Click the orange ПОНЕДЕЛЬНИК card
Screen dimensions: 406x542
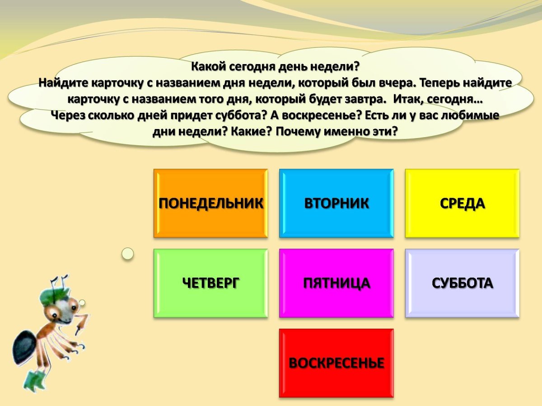click(210, 203)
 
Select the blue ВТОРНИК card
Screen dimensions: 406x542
click(336, 203)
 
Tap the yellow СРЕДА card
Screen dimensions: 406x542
click(462, 203)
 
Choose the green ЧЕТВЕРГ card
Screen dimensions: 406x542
click(210, 283)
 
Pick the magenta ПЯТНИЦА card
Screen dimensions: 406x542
click(336, 283)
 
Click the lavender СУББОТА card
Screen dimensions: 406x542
click(462, 283)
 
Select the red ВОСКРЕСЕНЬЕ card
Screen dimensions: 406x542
click(336, 363)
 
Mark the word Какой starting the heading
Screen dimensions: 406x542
click(207, 67)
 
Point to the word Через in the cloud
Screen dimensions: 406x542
click(66, 115)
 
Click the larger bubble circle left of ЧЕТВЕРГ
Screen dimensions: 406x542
click(128, 254)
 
